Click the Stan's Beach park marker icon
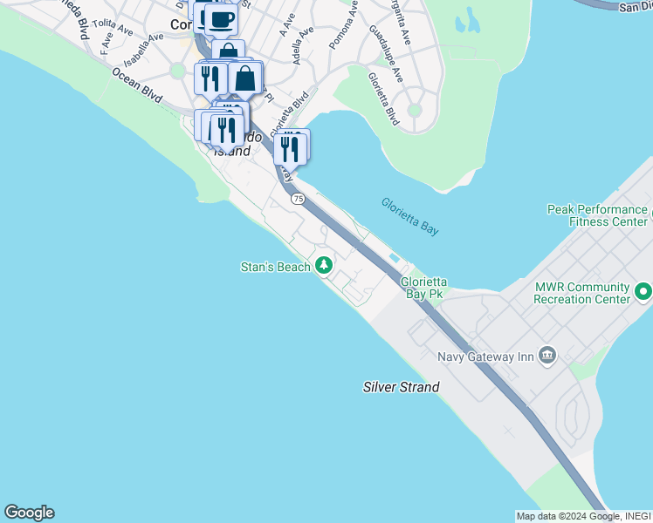tap(325, 264)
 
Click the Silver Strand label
tap(402, 387)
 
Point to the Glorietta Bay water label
tap(409, 216)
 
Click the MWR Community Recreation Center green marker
tap(644, 292)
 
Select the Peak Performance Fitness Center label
tap(597, 215)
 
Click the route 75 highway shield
tap(299, 200)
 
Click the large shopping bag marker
tap(245, 78)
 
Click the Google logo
tap(29, 513)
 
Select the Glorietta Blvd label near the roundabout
tap(383, 98)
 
